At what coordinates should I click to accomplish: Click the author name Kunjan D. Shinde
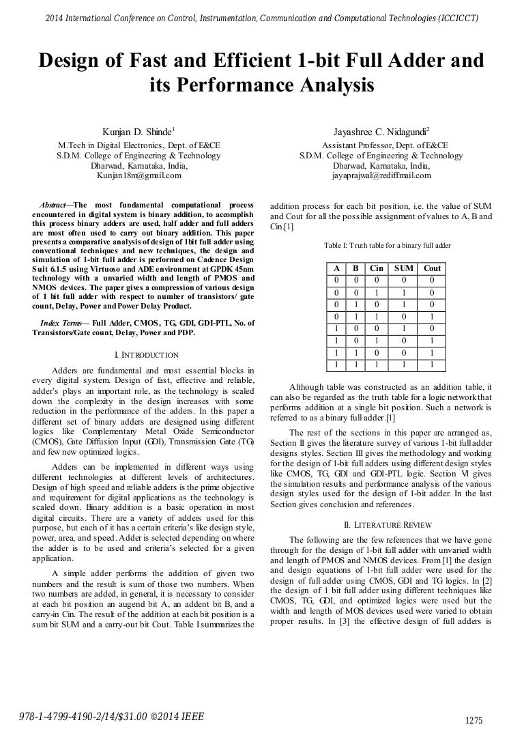138,130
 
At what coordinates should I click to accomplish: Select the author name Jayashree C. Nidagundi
380,130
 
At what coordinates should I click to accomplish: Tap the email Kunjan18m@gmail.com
139,175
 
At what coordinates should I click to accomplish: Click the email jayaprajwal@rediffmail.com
381,175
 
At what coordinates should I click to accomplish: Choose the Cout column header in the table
432,268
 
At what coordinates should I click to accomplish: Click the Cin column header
376,268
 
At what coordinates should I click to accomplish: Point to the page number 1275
473,721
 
